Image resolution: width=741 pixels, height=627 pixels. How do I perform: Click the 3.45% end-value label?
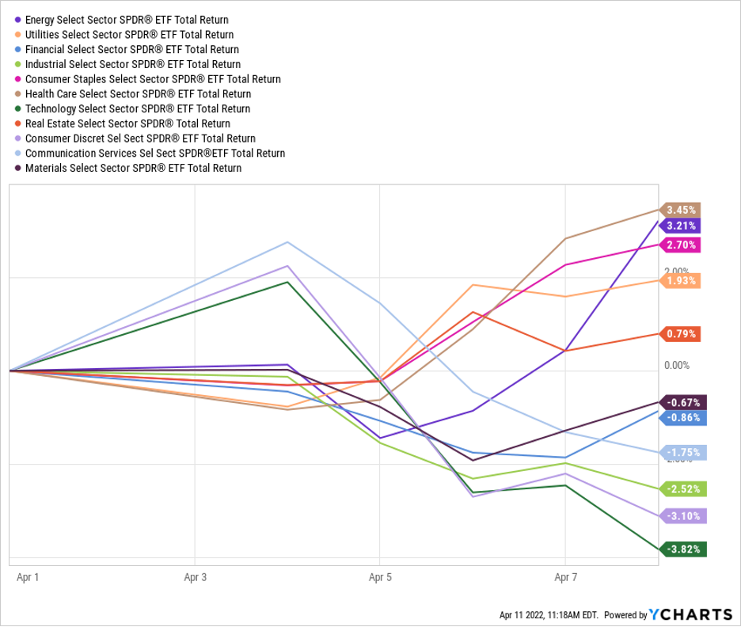coord(682,210)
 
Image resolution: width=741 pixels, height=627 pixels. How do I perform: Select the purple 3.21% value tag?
coord(682,226)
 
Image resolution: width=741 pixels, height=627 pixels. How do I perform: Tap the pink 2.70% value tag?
coord(682,245)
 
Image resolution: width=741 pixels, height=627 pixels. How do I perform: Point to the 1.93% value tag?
coord(682,280)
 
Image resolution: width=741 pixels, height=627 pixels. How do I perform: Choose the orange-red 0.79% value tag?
coord(682,334)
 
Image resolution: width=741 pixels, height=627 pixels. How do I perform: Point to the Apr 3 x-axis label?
coord(196,578)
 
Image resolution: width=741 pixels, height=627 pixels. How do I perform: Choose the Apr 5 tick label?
coord(380,578)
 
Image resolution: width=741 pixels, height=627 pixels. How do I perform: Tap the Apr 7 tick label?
coord(564,578)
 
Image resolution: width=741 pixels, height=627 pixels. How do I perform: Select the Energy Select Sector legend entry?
coord(127,19)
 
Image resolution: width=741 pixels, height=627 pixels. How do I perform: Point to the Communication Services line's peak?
coord(288,242)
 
